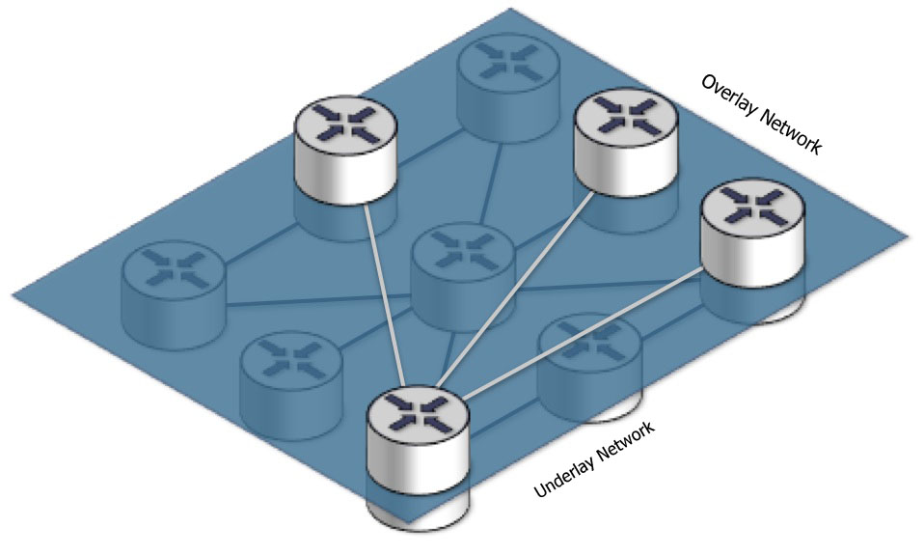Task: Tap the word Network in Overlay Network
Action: [x=790, y=132]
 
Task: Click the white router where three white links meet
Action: [x=419, y=441]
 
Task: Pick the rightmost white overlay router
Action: [x=752, y=233]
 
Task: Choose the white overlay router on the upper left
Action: [x=346, y=150]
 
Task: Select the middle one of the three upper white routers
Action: [x=626, y=142]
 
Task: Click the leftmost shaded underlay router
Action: [x=174, y=295]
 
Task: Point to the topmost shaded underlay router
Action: [x=509, y=89]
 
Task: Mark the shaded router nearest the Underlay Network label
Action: [x=590, y=368]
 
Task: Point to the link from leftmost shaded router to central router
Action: [x=318, y=300]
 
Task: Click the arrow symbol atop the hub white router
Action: [x=419, y=412]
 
